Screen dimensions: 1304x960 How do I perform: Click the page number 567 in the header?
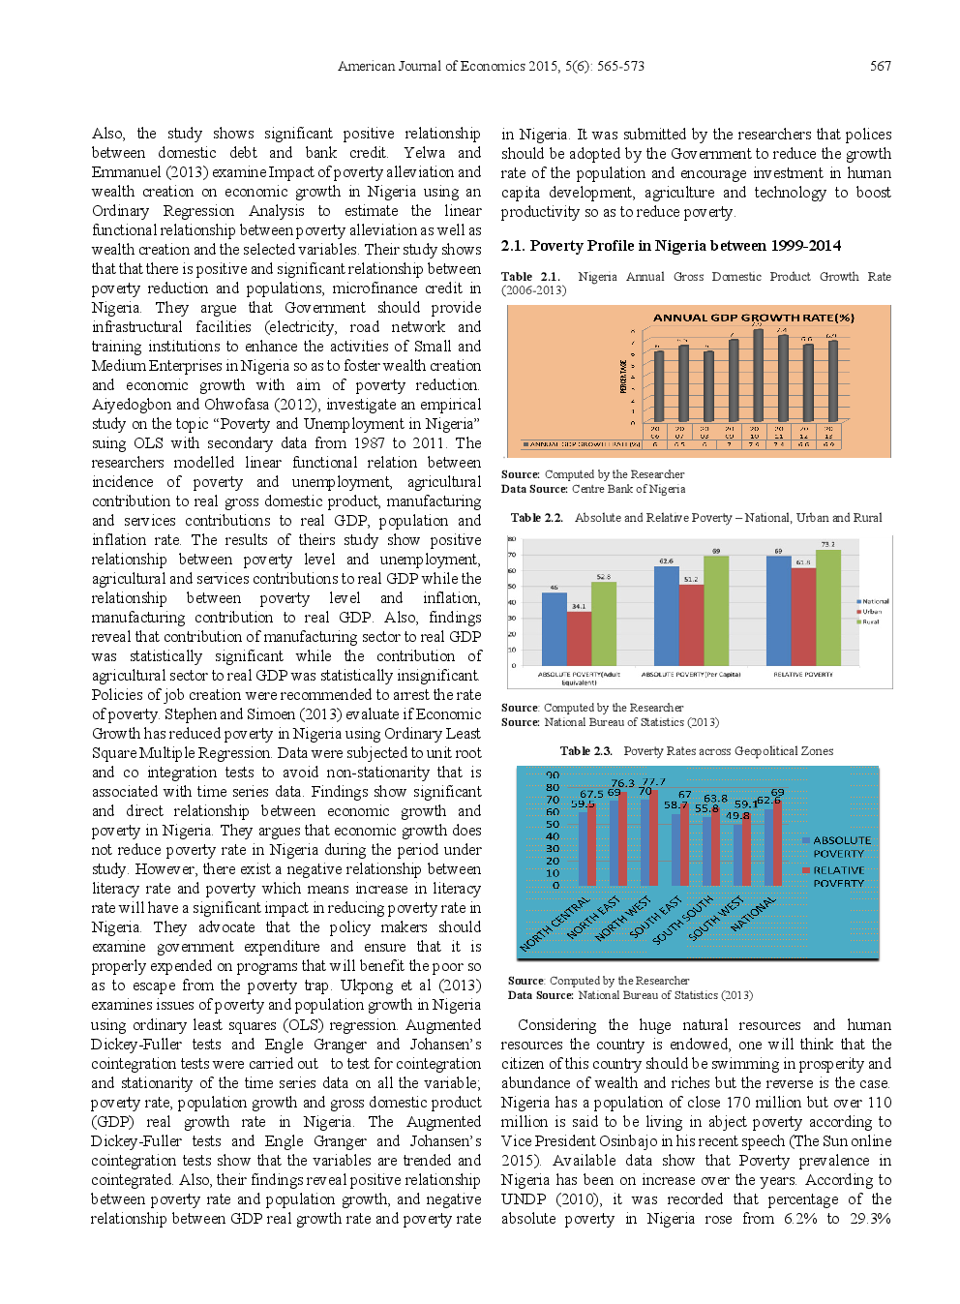click(880, 66)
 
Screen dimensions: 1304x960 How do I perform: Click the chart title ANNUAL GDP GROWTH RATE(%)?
click(753, 318)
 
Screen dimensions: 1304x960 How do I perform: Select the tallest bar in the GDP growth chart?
click(757, 377)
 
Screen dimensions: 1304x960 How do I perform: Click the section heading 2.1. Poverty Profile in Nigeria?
click(670, 246)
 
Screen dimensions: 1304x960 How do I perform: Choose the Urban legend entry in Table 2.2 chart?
click(871, 612)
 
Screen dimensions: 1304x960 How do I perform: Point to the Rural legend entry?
click(870, 622)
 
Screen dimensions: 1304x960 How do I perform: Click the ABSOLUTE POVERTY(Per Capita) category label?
click(690, 675)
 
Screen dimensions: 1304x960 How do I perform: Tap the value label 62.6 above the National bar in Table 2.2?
click(666, 561)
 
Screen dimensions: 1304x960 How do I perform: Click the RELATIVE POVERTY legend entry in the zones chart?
click(837, 876)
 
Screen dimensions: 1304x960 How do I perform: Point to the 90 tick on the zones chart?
click(553, 775)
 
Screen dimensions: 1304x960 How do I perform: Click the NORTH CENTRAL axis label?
click(555, 925)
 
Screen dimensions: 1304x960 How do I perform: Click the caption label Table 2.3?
click(585, 751)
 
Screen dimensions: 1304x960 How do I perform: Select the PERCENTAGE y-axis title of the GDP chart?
click(622, 376)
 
